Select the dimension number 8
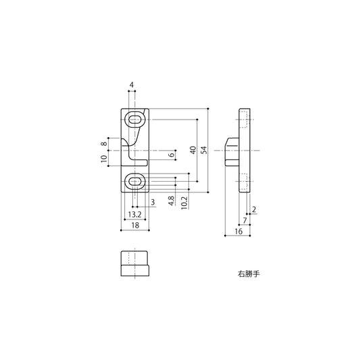pos(104,143)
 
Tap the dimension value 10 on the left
pos(104,159)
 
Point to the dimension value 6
pos(172,155)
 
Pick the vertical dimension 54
pos(204,150)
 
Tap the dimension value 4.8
pos(172,201)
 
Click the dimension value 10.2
pos(184,203)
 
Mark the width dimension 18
pos(134,226)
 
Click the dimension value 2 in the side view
pos(253,209)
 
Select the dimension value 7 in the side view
pos(244,221)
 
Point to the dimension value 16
pos(238,232)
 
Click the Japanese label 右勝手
pos(249,275)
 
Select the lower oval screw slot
pos(135,180)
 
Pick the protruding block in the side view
pos(231,150)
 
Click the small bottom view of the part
pos(134,264)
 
